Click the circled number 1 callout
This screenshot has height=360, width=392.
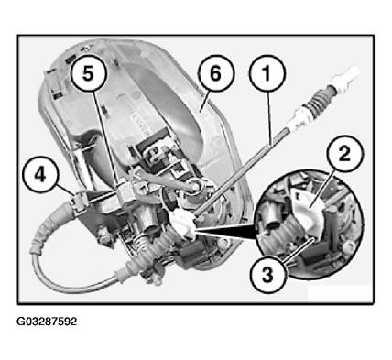click(x=267, y=73)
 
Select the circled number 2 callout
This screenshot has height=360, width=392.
click(x=345, y=154)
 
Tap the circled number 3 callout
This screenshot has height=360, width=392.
click(x=267, y=275)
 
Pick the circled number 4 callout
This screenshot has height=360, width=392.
click(x=40, y=175)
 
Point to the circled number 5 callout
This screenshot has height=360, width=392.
click(x=88, y=73)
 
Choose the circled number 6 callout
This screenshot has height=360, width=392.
click(x=215, y=73)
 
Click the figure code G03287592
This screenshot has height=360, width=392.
click(x=47, y=322)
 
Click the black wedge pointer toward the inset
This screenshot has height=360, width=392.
click(x=227, y=233)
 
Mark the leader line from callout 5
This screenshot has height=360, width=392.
click(x=105, y=137)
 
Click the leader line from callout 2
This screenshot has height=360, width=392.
click(x=321, y=190)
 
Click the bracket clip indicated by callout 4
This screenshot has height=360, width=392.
click(x=79, y=200)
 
